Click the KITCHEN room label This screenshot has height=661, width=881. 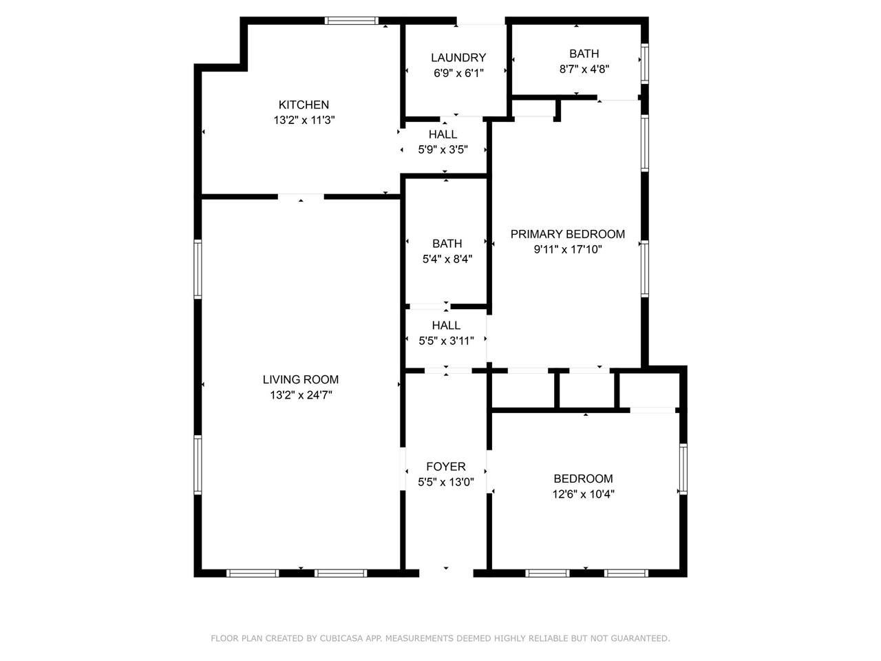point(304,105)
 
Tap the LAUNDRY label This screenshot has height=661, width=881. point(458,58)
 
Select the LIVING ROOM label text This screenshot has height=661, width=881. point(301,379)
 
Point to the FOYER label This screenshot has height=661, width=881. point(446,466)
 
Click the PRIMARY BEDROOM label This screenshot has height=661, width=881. point(568,234)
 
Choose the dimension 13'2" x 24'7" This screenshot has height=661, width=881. point(301,395)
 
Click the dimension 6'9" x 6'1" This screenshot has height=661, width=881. point(458,73)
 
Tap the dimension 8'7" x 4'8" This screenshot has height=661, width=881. point(584,69)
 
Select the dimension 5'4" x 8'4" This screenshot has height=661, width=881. point(447,259)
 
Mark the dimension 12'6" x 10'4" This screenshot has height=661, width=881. point(583,494)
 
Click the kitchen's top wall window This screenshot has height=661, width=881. point(351,21)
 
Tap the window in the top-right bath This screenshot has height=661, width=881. point(644,63)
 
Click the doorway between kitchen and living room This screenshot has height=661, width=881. point(301,197)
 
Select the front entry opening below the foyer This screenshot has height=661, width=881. point(446,573)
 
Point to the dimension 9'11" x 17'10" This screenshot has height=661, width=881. point(568,249)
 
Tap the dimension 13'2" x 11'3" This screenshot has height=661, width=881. point(304,120)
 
